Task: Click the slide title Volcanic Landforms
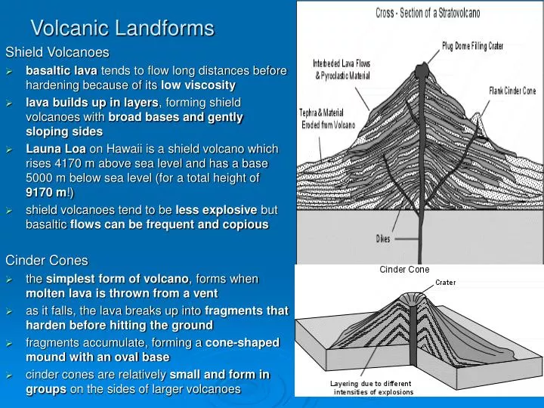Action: point(122,29)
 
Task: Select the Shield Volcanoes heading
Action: point(57,53)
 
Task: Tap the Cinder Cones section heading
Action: point(47,261)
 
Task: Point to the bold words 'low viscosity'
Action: point(199,85)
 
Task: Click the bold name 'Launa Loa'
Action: point(56,149)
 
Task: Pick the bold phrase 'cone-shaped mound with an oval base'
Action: point(151,350)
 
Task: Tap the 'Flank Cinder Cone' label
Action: point(512,91)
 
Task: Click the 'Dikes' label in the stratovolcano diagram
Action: point(384,239)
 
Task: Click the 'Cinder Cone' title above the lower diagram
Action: point(404,270)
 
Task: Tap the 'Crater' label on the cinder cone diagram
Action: point(445,283)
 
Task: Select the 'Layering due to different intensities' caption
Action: point(372,388)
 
